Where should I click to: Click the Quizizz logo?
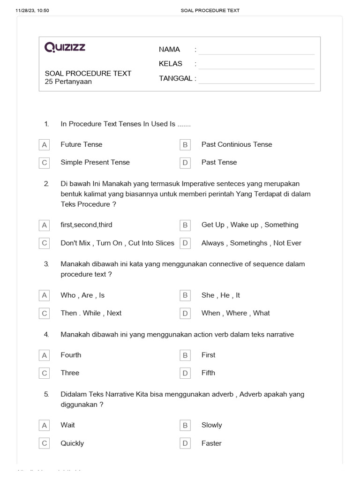coord(65,47)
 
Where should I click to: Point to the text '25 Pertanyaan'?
coord(68,82)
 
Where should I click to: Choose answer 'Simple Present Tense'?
coord(95,162)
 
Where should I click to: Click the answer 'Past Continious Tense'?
coord(237,144)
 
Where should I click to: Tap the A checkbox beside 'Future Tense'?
coord(45,145)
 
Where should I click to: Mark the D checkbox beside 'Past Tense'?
coord(185,163)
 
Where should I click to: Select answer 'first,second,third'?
coord(86,225)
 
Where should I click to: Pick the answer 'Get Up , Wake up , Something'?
coord(250,225)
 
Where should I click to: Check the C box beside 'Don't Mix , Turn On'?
coord(45,243)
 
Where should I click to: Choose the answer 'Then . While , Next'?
coord(91,313)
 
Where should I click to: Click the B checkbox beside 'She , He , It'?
coord(185,295)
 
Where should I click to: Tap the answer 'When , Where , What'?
coord(236,313)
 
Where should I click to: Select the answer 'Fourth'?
coord(71,355)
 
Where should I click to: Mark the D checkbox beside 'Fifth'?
coord(185,373)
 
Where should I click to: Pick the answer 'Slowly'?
coord(212,425)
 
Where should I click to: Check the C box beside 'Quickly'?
coord(45,443)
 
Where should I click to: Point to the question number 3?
coord(46,264)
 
